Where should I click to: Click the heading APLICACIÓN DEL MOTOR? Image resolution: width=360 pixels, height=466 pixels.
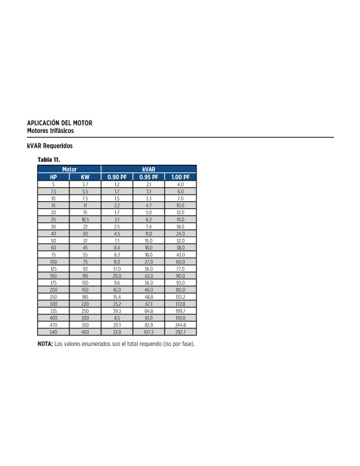[x=59, y=122]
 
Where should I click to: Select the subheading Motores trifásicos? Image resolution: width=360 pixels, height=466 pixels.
[x=50, y=129]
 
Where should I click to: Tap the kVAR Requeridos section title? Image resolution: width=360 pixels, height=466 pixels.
[x=50, y=145]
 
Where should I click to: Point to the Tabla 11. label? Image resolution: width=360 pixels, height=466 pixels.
[x=49, y=159]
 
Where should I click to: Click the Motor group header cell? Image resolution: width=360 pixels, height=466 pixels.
[x=69, y=169]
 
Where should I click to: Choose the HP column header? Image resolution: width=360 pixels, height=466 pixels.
[x=54, y=177]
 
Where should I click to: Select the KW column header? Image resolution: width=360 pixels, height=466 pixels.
[x=85, y=177]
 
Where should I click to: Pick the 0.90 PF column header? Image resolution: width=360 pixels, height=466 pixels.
[x=117, y=177]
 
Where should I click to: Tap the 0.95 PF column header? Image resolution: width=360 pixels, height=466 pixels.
[x=149, y=177]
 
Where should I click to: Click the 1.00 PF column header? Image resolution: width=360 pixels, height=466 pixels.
[x=181, y=177]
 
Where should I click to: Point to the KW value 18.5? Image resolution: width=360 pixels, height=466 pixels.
[x=85, y=219]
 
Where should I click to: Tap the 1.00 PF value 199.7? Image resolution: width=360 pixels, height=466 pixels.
[x=181, y=311]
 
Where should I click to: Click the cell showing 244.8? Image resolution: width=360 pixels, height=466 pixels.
[x=181, y=325]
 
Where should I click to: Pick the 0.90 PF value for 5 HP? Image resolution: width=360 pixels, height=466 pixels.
[x=117, y=185]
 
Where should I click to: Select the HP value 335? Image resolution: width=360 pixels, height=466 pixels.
[x=54, y=311]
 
